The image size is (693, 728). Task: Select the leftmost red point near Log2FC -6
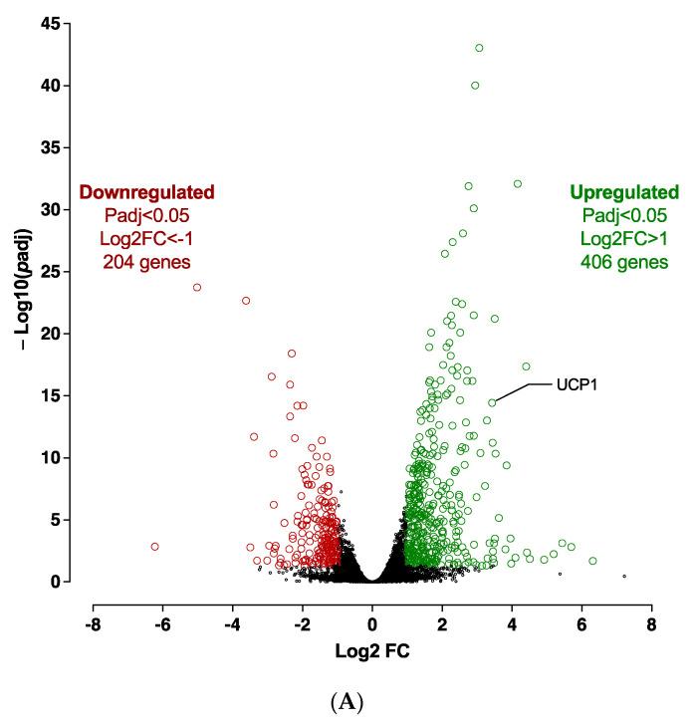[x=155, y=547]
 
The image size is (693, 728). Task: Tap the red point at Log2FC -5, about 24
[x=197, y=287]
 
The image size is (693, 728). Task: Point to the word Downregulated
[x=146, y=191]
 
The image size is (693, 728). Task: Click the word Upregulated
[x=623, y=191]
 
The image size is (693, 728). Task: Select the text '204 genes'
[x=146, y=262]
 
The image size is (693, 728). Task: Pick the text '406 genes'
[x=623, y=262]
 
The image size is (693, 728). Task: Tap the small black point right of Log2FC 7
[x=624, y=576]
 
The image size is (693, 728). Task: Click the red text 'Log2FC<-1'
[x=146, y=238]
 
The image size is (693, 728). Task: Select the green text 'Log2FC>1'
[x=623, y=238]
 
